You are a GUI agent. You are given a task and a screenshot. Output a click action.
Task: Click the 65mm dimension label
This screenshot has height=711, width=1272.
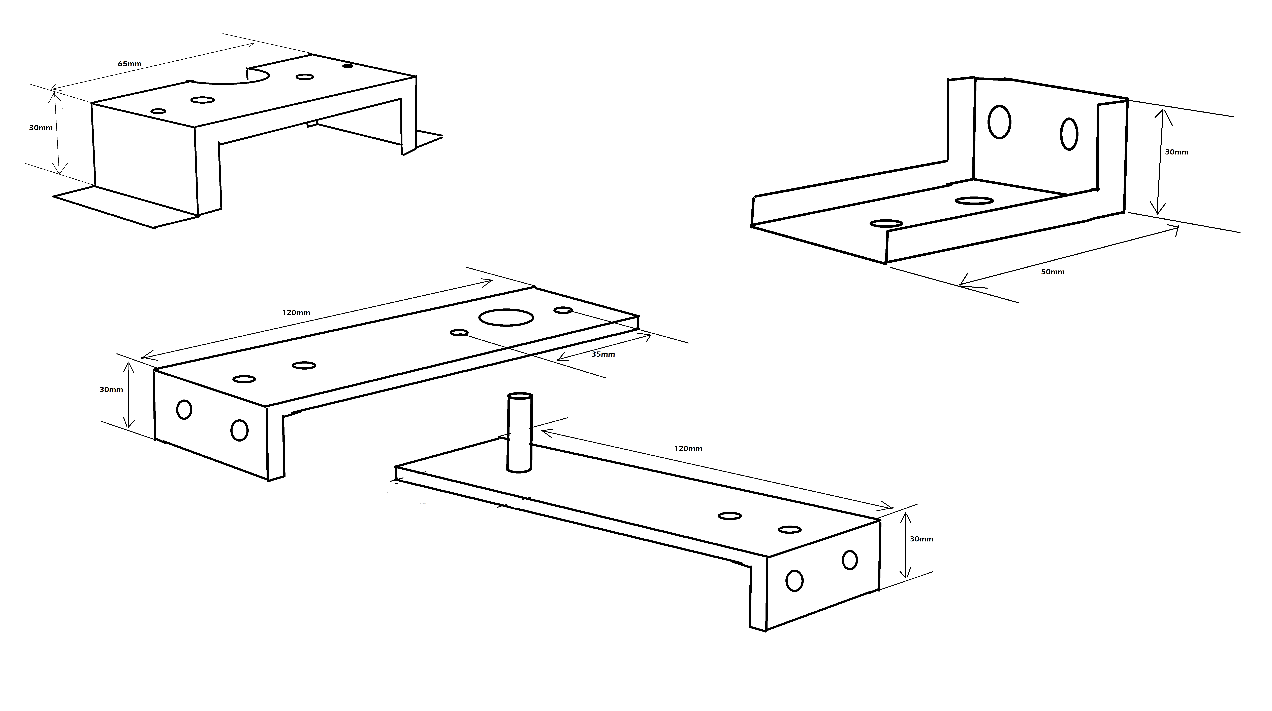click(x=129, y=64)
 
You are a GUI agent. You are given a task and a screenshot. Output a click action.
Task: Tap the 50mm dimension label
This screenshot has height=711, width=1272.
click(x=1053, y=272)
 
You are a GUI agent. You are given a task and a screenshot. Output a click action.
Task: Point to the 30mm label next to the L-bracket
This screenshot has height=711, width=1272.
click(x=1177, y=152)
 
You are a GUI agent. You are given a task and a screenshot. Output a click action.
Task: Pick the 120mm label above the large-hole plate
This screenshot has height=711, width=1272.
click(x=296, y=312)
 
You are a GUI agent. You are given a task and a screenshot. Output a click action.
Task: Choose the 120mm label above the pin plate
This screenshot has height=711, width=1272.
click(x=688, y=449)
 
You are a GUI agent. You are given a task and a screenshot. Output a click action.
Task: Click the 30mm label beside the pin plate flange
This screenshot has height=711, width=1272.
click(x=921, y=539)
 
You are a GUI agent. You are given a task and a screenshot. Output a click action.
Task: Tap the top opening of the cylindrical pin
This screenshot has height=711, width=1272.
click(x=520, y=396)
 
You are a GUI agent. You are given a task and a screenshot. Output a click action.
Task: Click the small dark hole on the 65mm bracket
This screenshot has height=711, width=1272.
click(x=348, y=66)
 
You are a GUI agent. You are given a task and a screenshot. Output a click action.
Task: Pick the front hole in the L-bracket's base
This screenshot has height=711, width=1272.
click(x=886, y=223)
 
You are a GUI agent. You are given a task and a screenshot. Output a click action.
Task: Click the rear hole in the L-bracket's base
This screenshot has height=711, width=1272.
click(x=974, y=200)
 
